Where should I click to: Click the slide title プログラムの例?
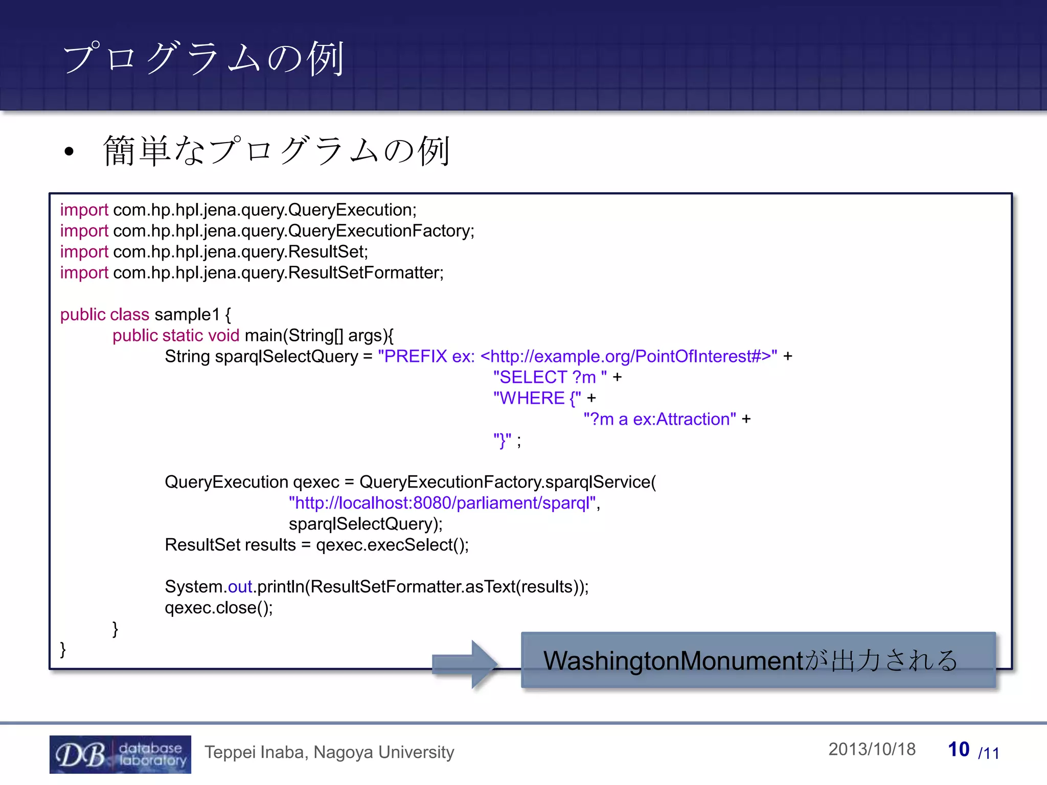(x=203, y=58)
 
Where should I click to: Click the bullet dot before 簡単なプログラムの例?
(x=70, y=152)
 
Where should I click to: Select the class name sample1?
(x=187, y=314)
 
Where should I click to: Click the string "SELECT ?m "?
(x=550, y=377)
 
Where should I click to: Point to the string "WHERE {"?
(x=537, y=398)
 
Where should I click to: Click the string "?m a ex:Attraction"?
(x=659, y=419)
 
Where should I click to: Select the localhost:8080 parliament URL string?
(x=443, y=503)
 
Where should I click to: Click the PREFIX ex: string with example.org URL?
(x=577, y=356)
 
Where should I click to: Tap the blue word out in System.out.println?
(x=240, y=587)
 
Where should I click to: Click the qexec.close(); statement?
(x=218, y=608)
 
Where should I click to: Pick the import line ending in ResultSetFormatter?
(x=252, y=273)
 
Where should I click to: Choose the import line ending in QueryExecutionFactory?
(x=267, y=231)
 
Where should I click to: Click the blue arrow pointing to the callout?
(x=465, y=663)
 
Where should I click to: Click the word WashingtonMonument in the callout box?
(x=673, y=661)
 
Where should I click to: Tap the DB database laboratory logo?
(x=120, y=754)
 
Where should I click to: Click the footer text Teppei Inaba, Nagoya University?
(x=329, y=752)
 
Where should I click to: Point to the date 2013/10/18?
(x=872, y=749)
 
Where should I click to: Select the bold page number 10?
(x=959, y=750)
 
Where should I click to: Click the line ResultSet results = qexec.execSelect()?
(x=316, y=545)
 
